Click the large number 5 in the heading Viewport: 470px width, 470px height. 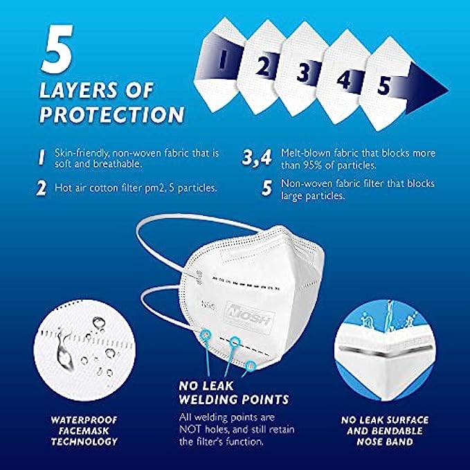click(x=57, y=48)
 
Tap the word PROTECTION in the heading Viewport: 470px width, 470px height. click(x=112, y=114)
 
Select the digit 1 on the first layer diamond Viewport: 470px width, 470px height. click(x=222, y=59)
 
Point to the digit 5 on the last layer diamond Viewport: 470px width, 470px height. click(x=384, y=85)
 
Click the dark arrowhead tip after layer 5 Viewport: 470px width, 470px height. click(x=448, y=90)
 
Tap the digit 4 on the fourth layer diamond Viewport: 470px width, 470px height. click(x=343, y=80)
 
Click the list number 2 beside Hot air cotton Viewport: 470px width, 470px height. click(x=41, y=188)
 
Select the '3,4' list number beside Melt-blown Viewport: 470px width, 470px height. click(x=257, y=157)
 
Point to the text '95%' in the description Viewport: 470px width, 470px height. click(x=313, y=165)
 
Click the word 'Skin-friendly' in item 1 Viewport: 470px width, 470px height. click(x=81, y=153)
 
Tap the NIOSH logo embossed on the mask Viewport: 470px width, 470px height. click(x=249, y=318)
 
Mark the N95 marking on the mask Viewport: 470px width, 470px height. click(x=208, y=307)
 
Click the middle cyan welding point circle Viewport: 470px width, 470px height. click(x=235, y=341)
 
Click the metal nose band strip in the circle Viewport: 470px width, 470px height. click(x=385, y=351)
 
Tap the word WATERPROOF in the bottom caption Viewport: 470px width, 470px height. click(x=84, y=420)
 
